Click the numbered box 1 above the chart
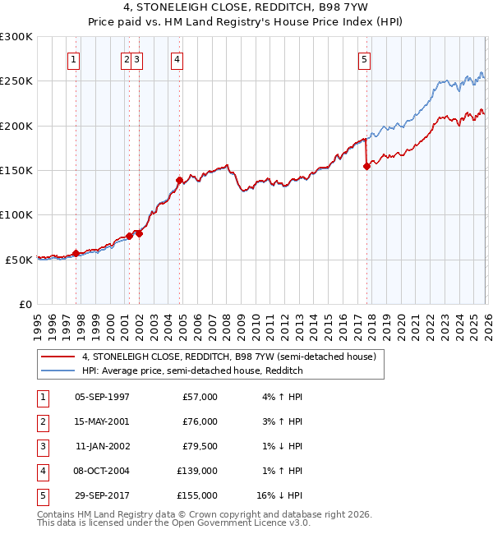74,58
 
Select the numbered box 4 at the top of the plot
177,58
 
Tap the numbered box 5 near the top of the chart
365,58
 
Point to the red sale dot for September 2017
367,166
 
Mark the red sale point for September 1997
76,253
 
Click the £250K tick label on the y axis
16,81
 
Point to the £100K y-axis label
16,214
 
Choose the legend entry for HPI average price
192,371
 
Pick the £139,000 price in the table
197,471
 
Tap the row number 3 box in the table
41,446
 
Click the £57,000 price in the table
200,397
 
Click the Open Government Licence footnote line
174,522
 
